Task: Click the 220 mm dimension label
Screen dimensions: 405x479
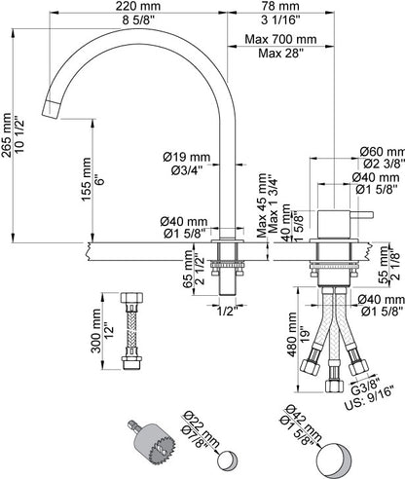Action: pos(138,6)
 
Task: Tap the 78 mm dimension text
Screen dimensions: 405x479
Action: pos(280,6)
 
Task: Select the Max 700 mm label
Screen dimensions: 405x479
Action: pos(280,39)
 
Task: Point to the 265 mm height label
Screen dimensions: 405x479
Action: pos(7,135)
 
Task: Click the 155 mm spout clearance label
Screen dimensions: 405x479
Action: pos(87,179)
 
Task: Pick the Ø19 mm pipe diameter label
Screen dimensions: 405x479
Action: pos(187,157)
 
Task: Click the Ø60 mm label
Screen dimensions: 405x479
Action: pos(383,151)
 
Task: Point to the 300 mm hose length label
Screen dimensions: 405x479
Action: pos(96,331)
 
